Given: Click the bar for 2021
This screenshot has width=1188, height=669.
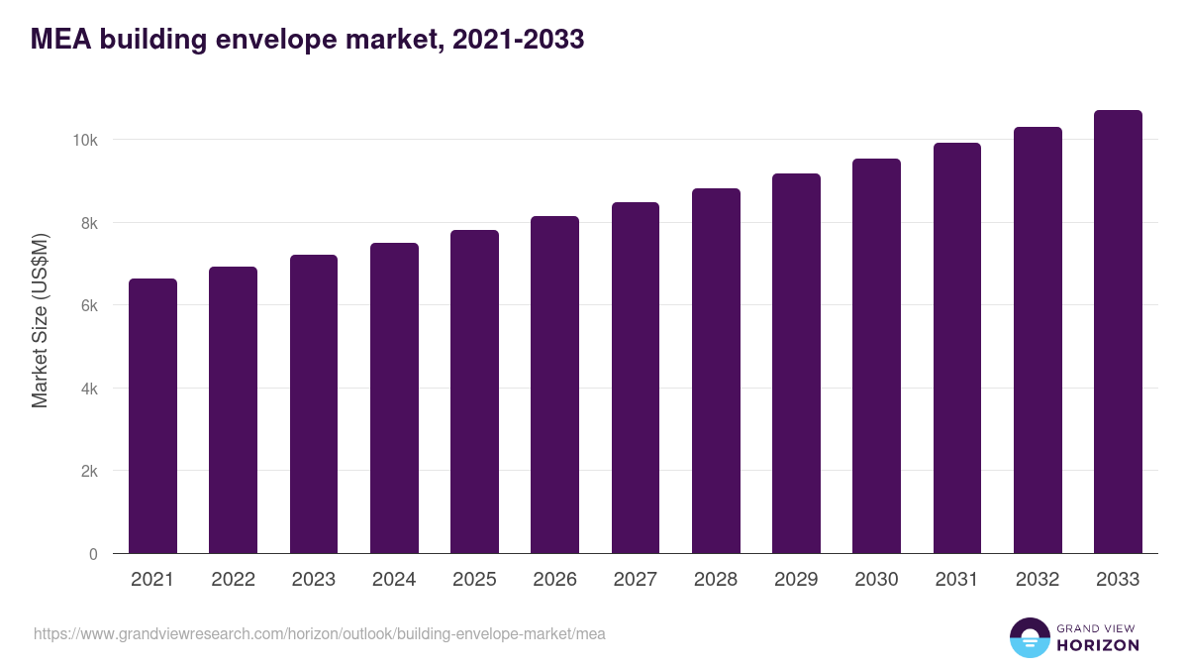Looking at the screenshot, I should click(x=152, y=416).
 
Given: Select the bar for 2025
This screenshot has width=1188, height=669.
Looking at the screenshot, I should click(x=474, y=391).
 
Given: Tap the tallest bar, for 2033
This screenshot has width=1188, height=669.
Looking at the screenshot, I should click(x=1118, y=332).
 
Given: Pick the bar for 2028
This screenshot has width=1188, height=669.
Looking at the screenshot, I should click(x=716, y=371).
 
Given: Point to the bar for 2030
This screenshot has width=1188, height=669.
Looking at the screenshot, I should click(x=876, y=356).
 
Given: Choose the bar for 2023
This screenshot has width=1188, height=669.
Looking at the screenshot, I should click(x=314, y=404).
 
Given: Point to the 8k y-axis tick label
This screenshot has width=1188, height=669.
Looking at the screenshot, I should click(x=89, y=224).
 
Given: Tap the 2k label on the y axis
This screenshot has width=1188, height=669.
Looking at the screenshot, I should click(x=89, y=472).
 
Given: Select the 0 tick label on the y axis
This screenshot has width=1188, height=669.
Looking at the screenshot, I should click(x=93, y=555).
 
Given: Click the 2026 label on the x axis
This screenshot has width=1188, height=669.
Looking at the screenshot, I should click(x=554, y=580).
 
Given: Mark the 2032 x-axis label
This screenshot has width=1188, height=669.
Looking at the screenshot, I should click(x=1038, y=580).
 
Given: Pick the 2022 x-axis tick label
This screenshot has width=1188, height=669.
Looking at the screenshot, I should click(x=233, y=580).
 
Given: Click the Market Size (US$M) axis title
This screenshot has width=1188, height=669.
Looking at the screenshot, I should click(x=40, y=320).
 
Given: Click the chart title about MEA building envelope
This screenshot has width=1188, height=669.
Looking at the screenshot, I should click(x=307, y=40).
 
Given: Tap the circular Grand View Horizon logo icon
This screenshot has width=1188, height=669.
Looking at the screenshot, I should click(x=1029, y=637).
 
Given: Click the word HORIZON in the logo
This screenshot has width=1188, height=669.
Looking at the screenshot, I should click(x=1098, y=645).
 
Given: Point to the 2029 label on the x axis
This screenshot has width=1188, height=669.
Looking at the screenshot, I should click(x=796, y=580).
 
